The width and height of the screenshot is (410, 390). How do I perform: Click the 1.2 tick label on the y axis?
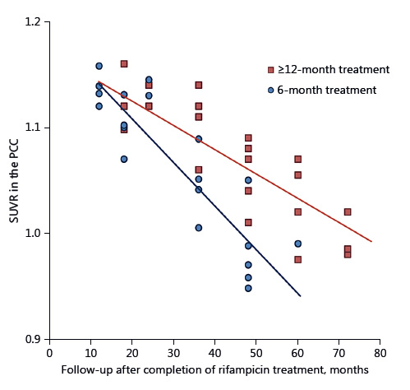point(31,22)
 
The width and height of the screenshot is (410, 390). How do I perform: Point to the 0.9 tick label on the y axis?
point(31,339)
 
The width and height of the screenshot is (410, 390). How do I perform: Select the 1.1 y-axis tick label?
point(31,128)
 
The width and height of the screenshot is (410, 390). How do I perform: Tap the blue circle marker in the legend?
point(270,90)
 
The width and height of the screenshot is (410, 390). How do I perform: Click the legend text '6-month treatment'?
point(320,90)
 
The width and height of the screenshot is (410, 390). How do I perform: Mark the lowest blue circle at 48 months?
point(248,288)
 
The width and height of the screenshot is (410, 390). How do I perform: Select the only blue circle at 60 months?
point(298,244)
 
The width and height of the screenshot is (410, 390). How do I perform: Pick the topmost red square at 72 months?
point(348,211)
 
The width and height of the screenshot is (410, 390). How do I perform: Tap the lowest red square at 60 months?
point(298,259)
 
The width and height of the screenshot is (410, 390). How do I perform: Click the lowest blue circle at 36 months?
point(198,228)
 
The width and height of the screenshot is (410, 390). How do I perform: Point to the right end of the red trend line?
point(372,242)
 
